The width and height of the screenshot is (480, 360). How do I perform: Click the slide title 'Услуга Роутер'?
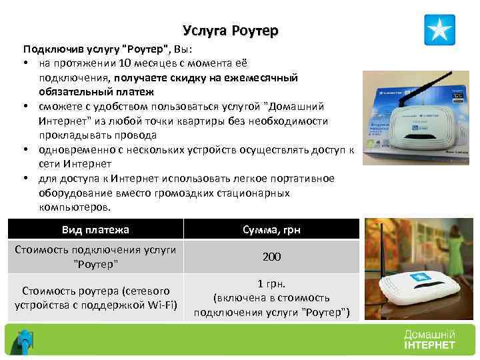pyautogui.click(x=230, y=31)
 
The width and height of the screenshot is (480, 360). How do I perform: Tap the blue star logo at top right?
pyautogui.click(x=439, y=29)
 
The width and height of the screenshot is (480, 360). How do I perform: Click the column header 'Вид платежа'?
pyautogui.click(x=95, y=230)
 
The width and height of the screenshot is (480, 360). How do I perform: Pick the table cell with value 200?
pyautogui.click(x=271, y=257)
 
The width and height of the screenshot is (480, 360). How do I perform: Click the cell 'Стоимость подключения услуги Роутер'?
pyautogui.click(x=95, y=257)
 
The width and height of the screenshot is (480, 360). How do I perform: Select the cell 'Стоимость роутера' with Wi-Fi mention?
pyautogui.click(x=95, y=298)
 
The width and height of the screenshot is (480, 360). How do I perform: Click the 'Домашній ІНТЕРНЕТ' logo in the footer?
pyautogui.click(x=429, y=339)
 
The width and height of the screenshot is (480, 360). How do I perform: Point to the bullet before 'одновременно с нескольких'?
pyautogui.click(x=25, y=151)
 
